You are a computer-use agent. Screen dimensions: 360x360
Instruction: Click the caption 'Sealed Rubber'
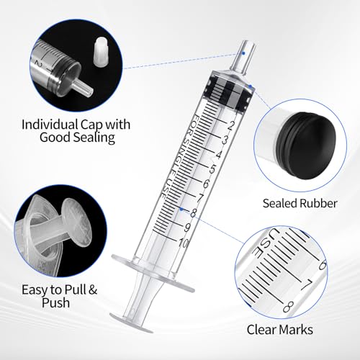coord(300,204)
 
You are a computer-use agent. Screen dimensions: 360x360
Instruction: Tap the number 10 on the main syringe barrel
coord(181,243)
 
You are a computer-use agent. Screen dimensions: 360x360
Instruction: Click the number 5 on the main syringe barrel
coord(201,168)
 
